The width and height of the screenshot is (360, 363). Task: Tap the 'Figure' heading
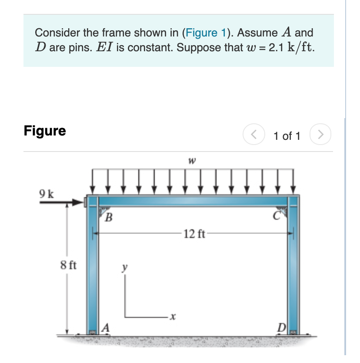point(45,131)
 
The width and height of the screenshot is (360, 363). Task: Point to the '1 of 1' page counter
point(287,136)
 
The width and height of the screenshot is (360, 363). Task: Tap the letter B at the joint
point(110,216)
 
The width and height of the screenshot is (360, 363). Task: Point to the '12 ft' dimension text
point(194,235)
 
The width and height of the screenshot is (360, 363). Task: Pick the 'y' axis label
point(125,268)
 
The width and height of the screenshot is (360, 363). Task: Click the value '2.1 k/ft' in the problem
point(291,47)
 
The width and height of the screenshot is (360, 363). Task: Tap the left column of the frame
point(94,269)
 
